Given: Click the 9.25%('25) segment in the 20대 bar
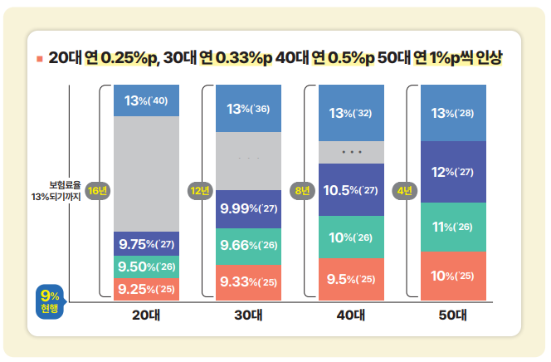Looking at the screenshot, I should (145, 289).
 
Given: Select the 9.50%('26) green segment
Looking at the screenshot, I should (145, 267).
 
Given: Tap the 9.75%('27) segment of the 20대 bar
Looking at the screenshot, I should (145, 244).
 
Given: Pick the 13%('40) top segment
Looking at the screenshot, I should (145, 100).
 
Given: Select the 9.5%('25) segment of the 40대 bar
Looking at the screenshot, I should (351, 278).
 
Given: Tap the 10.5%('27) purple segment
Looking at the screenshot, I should (351, 190).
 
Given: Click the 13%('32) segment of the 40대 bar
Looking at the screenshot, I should (351, 113).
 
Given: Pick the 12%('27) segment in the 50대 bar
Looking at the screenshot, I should (453, 172).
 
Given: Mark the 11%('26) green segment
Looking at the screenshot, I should (453, 227).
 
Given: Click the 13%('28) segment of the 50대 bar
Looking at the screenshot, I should (453, 113).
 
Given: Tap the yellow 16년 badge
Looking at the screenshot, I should (97, 191).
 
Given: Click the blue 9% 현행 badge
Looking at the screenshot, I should (49, 301).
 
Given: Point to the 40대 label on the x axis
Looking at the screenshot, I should (351, 316).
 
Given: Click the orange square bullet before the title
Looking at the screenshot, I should (38, 59).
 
